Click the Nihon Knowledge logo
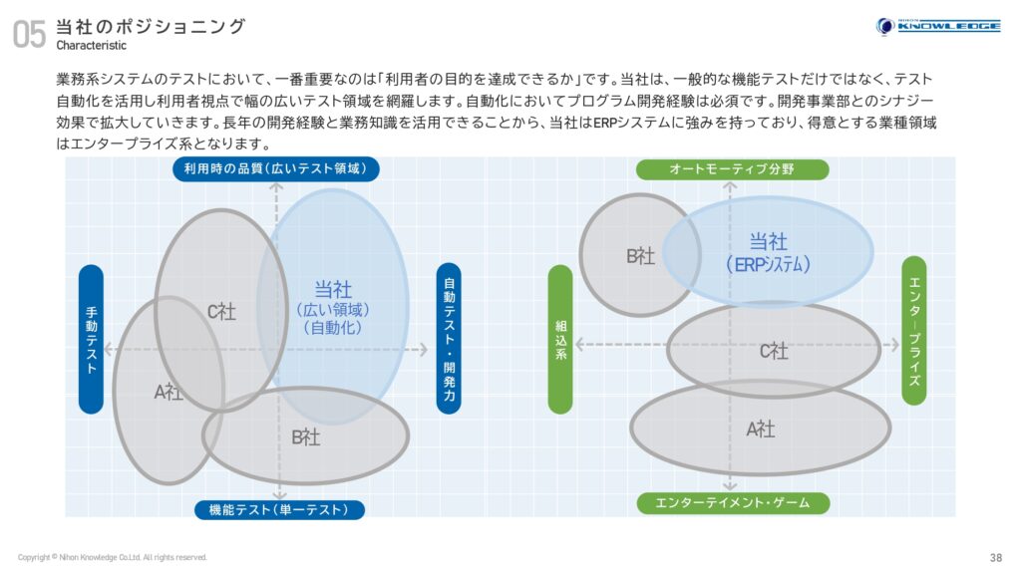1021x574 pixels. [x=938, y=26]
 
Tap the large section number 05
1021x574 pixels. [x=29, y=34]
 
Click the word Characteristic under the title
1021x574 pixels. [x=91, y=46]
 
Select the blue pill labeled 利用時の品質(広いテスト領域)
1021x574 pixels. [x=276, y=168]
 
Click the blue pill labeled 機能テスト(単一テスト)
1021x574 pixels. [x=279, y=509]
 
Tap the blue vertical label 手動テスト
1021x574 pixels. [x=91, y=339]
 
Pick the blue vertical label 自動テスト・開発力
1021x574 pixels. [x=449, y=339]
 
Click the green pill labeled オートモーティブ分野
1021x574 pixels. [x=733, y=169]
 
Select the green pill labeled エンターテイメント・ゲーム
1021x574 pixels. [x=733, y=503]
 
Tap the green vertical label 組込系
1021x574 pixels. [x=560, y=339]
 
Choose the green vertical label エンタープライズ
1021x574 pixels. [x=914, y=331]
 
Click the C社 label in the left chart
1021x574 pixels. [x=221, y=312]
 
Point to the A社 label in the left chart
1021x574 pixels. [x=168, y=392]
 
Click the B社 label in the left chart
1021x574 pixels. [x=305, y=437]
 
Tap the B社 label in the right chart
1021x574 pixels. [x=641, y=256]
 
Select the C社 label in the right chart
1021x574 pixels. [x=774, y=352]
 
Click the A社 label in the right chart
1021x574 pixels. [x=761, y=430]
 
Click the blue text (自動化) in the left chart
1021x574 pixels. [x=333, y=327]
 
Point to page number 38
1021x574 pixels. [x=996, y=558]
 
